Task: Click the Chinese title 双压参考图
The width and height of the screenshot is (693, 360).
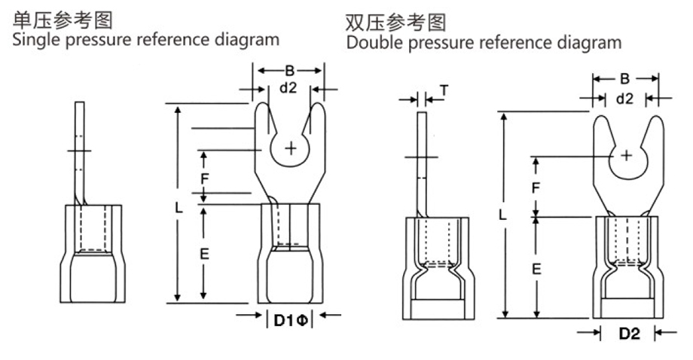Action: point(395,21)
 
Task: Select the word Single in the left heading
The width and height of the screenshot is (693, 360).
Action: point(35,38)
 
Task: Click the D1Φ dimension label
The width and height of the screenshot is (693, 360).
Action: point(289,321)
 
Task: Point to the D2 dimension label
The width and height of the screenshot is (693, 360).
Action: point(629,334)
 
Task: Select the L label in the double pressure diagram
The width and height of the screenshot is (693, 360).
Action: point(502,215)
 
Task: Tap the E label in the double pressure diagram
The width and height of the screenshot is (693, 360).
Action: point(536,268)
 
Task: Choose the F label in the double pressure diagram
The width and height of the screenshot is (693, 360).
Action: point(536,188)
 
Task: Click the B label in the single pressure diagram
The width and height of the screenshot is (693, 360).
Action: point(289,72)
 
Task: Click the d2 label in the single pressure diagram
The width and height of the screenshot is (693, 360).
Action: point(288,88)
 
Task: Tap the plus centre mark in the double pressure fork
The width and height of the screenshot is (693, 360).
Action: point(627,155)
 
